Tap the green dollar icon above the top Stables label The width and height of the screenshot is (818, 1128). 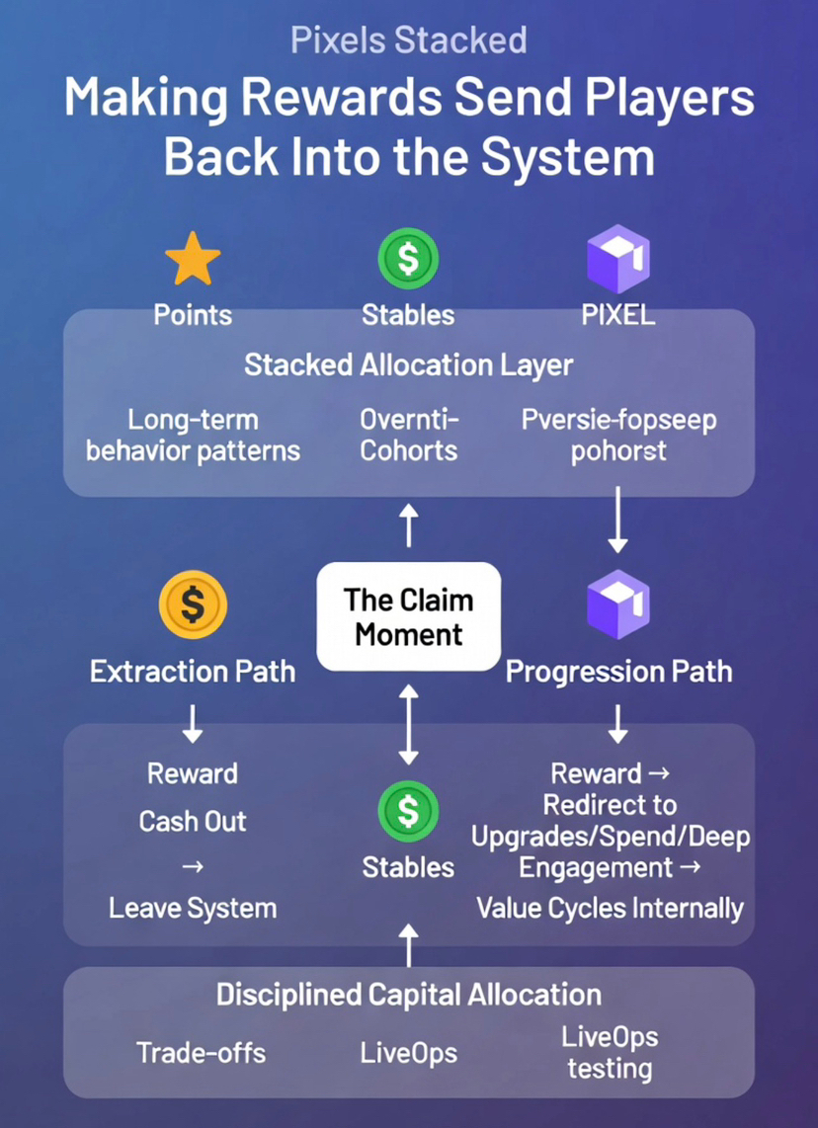click(x=408, y=257)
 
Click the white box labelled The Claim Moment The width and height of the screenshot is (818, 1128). click(x=408, y=616)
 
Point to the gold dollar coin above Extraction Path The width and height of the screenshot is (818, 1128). click(x=193, y=605)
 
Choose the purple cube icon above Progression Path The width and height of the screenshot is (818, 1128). click(x=617, y=604)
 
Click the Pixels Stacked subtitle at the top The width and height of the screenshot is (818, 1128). click(x=408, y=40)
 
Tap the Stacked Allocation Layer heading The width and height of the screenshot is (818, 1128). click(x=408, y=364)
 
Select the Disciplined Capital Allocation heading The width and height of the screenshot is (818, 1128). click(x=408, y=994)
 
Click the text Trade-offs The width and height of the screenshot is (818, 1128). click(x=202, y=1052)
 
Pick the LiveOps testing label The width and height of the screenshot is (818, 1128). click(x=610, y=1052)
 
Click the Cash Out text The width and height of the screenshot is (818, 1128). click(x=193, y=821)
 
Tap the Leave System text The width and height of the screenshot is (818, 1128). click(x=193, y=907)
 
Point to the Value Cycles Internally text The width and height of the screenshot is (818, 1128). click(x=610, y=907)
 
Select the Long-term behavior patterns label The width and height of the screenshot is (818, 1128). click(x=193, y=436)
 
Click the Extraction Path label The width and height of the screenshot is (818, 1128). click(x=193, y=672)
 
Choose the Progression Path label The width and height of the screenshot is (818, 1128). click(x=618, y=672)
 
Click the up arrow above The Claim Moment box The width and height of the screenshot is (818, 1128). click(x=409, y=524)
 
